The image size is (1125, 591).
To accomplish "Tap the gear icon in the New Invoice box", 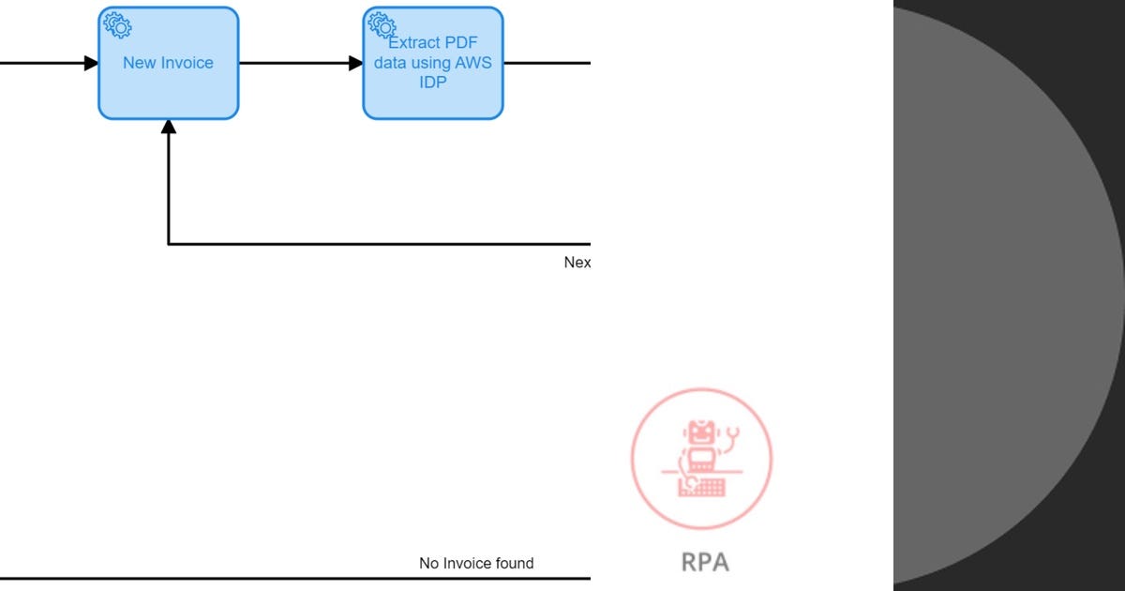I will (117, 25).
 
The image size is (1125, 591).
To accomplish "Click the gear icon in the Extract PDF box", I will (382, 25).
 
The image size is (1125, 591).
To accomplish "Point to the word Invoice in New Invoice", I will (188, 63).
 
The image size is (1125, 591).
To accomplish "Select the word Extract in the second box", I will (414, 43).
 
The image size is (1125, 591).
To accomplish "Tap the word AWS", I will (472, 63).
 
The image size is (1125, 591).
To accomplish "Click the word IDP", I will (433, 83).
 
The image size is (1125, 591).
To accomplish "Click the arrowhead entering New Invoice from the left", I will (91, 63).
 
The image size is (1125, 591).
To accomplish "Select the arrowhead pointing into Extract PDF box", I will (355, 63).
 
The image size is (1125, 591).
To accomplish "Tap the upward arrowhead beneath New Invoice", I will (169, 128).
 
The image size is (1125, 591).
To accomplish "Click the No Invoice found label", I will (476, 563).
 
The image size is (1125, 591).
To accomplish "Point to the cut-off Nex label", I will (577, 263).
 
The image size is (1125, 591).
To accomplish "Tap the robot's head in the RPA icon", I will (699, 433).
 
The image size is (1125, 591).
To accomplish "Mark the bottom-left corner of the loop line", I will (169, 244).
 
